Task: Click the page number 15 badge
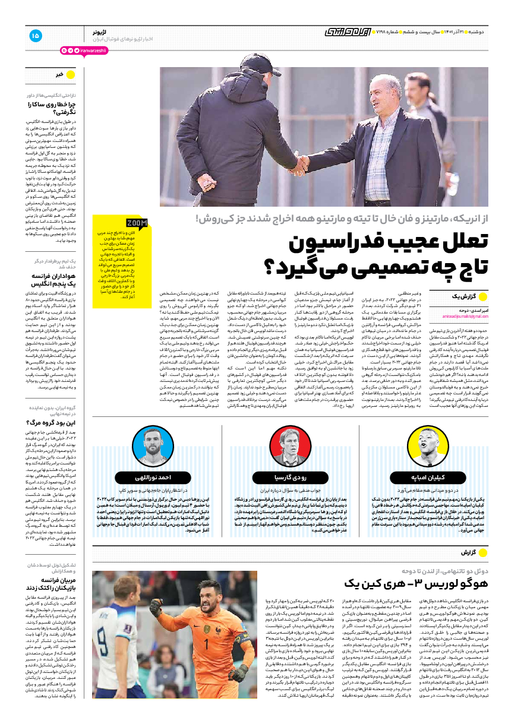[35, 36]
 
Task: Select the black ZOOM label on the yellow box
[137, 224]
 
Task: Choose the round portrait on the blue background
[153, 447]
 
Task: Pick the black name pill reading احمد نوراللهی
[153, 477]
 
